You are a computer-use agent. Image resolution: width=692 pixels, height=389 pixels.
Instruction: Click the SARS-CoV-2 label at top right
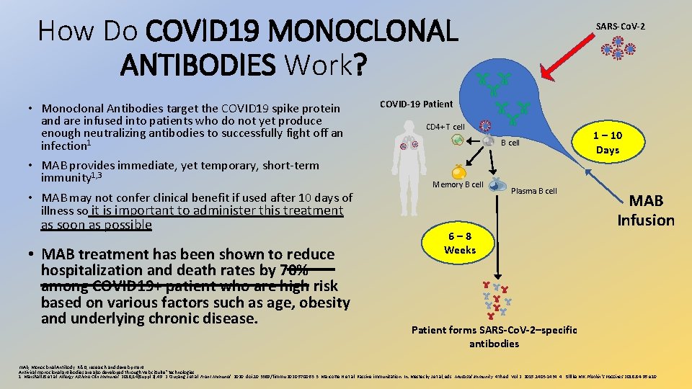tap(620, 27)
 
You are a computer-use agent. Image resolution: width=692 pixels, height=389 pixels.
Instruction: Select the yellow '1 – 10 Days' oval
tap(608, 143)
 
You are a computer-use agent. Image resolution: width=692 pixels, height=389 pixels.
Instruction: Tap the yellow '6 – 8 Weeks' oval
tap(460, 243)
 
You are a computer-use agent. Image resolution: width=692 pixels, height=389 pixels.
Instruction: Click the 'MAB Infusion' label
tap(646, 210)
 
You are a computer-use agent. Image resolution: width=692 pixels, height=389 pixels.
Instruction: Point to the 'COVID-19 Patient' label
tap(417, 104)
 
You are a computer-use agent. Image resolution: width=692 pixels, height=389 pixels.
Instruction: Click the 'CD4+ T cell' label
tap(445, 127)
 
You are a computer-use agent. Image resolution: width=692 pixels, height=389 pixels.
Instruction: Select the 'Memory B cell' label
tap(458, 185)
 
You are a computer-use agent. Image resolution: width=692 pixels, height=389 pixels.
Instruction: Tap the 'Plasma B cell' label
tap(533, 191)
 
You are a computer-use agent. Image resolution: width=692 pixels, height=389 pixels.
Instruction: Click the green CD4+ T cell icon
tap(457, 140)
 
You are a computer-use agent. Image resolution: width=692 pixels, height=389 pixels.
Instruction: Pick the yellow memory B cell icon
tap(458, 171)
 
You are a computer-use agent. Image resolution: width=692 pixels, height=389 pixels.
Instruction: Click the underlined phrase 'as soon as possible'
tap(97, 225)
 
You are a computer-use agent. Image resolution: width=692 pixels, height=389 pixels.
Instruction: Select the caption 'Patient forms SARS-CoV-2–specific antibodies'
tap(494, 336)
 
